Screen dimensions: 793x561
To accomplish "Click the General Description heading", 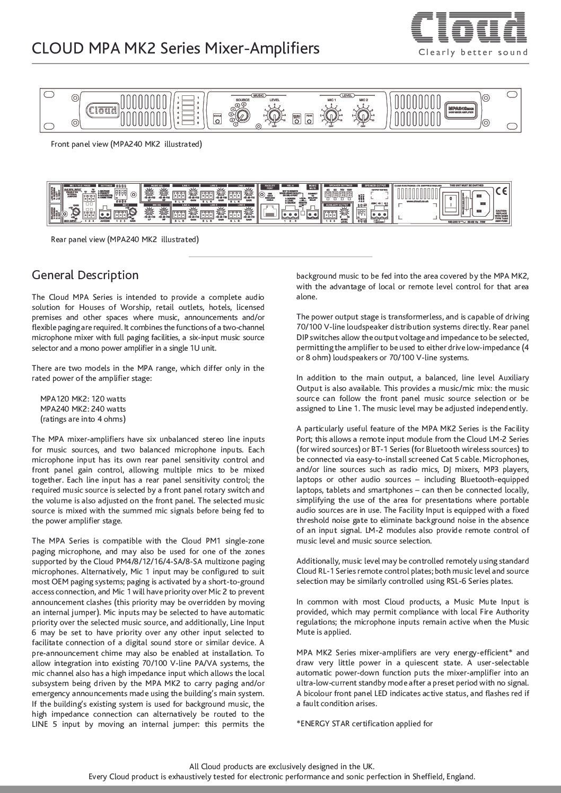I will (x=85, y=275).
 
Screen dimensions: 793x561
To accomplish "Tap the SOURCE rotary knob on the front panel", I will (x=242, y=115).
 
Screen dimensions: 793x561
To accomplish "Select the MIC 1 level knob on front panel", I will (x=331, y=115).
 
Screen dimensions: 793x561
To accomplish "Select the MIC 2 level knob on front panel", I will (x=363, y=115).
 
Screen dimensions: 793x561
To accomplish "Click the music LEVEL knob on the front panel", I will (x=274, y=115).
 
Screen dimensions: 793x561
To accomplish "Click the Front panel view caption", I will (x=126, y=144).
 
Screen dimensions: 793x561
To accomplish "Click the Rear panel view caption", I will (x=125, y=239).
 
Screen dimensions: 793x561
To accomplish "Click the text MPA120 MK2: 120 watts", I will (x=83, y=398).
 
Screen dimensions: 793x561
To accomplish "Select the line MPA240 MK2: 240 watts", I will (x=83, y=409).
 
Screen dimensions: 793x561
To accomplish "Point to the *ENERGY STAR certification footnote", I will (x=364, y=724).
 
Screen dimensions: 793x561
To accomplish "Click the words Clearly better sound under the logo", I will (x=474, y=52).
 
